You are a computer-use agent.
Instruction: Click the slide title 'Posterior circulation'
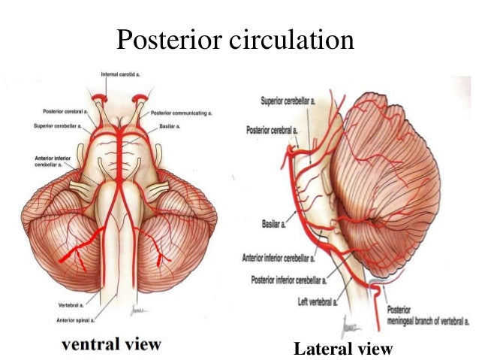point(235,39)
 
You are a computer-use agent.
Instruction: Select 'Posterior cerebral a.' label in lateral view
point(273,130)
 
